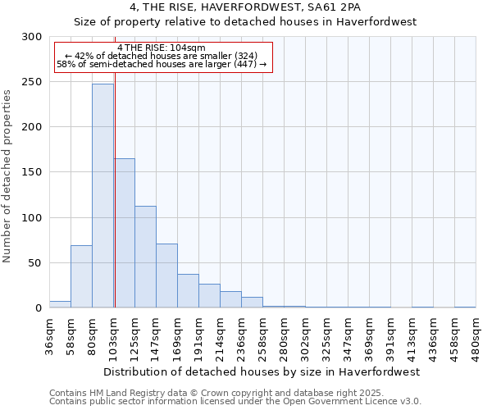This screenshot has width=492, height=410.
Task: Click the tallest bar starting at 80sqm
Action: (x=102, y=196)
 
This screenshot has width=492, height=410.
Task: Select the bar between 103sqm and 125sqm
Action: (x=125, y=233)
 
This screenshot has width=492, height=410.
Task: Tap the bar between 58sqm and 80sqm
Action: (x=81, y=276)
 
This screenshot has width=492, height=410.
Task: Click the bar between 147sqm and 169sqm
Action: (x=166, y=276)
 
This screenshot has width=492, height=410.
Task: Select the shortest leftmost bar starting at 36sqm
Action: (x=60, y=304)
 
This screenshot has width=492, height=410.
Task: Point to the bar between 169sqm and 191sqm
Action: (x=188, y=291)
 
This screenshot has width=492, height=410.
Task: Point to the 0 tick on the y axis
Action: (x=39, y=308)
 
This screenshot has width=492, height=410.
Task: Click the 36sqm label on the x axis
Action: (x=49, y=336)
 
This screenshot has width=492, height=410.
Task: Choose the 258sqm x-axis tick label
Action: (x=262, y=336)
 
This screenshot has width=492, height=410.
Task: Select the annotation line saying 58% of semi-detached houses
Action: (x=162, y=64)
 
